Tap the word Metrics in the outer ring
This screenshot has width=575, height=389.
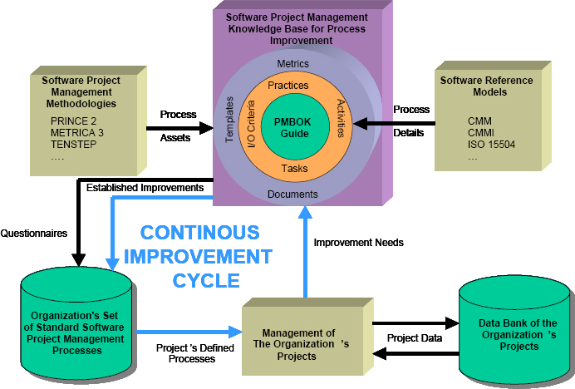pyautogui.click(x=292, y=63)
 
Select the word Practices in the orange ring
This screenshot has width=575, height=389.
pyautogui.click(x=288, y=85)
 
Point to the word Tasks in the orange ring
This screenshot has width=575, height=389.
pyautogui.click(x=294, y=169)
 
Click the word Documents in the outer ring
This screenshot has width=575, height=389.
pyautogui.click(x=292, y=194)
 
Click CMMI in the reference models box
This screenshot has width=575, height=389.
pyautogui.click(x=480, y=133)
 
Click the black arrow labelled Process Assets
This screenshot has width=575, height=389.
pyautogui.click(x=179, y=127)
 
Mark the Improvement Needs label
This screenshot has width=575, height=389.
pyautogui.click(x=358, y=243)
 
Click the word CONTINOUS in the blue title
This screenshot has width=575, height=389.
pyautogui.click(x=199, y=232)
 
